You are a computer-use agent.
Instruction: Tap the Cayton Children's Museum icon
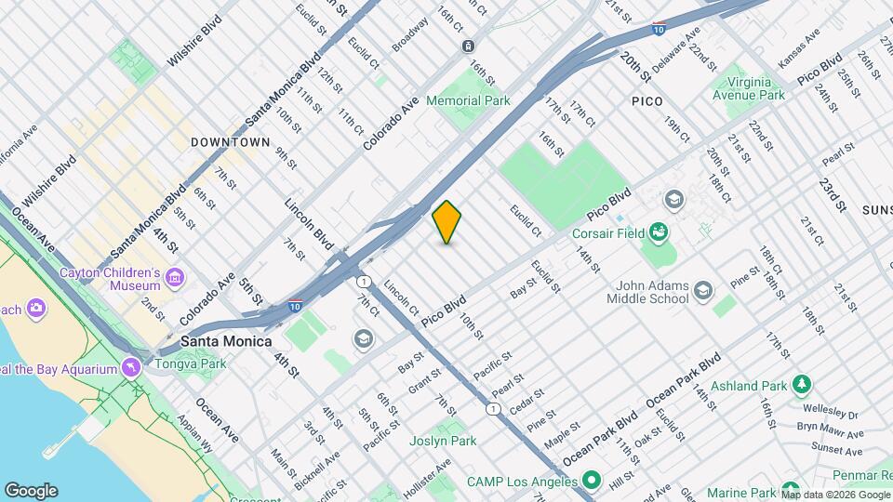coord(175,277)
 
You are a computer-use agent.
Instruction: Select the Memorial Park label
coord(468,100)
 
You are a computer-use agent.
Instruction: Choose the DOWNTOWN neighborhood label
coord(230,142)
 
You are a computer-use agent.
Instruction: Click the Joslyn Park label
coord(443,441)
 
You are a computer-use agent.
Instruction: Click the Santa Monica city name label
coord(226,341)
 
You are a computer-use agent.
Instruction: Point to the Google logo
coord(31,490)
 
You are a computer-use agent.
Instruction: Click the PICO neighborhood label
coord(646,101)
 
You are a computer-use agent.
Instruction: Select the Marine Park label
coord(740,492)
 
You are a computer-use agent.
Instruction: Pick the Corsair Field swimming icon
coord(659,230)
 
